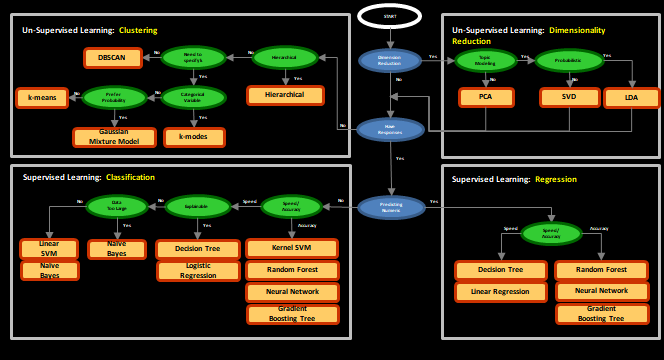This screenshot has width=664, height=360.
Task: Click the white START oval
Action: (x=390, y=16)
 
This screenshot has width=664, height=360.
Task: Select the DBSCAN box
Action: (x=111, y=58)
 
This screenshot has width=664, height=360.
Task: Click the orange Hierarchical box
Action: (x=286, y=96)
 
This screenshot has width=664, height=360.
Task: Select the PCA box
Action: (x=485, y=98)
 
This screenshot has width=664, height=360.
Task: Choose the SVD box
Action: (x=568, y=98)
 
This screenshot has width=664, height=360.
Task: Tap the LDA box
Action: (x=631, y=98)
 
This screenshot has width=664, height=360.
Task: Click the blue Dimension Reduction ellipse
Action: (x=390, y=60)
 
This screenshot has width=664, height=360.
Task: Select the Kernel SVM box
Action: (x=293, y=247)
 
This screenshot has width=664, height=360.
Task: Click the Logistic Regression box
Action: (x=198, y=271)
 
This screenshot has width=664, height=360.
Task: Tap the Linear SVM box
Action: (x=49, y=248)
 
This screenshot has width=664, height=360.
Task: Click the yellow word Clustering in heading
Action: (x=138, y=30)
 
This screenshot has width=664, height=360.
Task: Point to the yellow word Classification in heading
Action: (x=130, y=177)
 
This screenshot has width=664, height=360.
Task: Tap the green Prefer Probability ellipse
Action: (x=113, y=98)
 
